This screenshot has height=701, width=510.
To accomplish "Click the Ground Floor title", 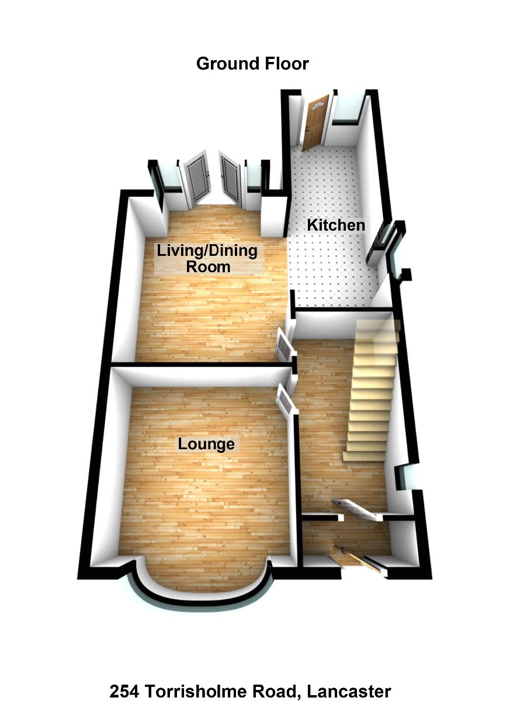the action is [x=252, y=63].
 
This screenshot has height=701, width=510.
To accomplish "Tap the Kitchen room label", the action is [x=336, y=225].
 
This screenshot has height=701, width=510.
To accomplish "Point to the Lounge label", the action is [x=206, y=444].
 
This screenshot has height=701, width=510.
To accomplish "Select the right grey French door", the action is [x=230, y=178].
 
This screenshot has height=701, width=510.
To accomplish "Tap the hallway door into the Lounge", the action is [x=285, y=402].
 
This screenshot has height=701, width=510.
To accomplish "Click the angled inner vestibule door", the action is [x=357, y=509].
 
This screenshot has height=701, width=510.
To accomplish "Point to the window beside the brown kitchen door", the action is [x=345, y=111].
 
